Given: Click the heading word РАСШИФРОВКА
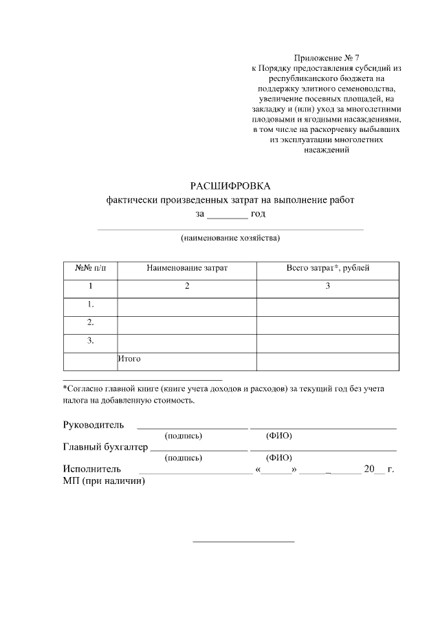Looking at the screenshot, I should (x=230, y=186).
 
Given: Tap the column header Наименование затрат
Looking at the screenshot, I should (x=186, y=268).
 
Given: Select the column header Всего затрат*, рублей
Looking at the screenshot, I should (x=327, y=268).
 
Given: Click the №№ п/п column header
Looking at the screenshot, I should (x=90, y=268).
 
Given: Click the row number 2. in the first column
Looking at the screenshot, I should (x=90, y=322).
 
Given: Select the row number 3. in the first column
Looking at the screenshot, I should (x=90, y=340).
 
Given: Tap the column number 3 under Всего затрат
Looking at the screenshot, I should (x=327, y=286).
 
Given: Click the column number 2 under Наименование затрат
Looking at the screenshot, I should (x=186, y=286).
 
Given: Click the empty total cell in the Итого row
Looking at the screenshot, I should (x=327, y=361).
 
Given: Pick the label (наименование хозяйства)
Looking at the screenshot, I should (x=230, y=238).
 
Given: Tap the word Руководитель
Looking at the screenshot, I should (x=93, y=424).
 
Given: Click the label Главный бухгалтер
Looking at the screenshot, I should (x=105, y=447).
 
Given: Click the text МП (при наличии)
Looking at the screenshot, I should (x=104, y=481).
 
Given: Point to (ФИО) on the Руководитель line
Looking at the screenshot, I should (x=279, y=436).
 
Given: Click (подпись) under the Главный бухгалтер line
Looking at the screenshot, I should (x=184, y=458).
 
